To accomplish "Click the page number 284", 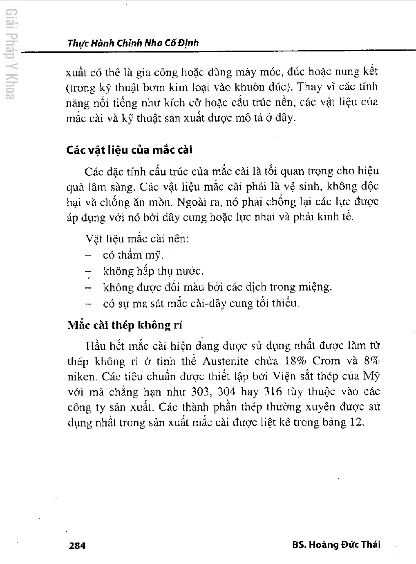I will pyautogui.click(x=77, y=545).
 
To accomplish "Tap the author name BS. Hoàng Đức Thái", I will pyautogui.click(x=336, y=544).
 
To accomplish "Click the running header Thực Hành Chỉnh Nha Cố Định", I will pyautogui.click(x=133, y=42).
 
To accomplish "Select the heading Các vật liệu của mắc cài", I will pyautogui.click(x=129, y=150).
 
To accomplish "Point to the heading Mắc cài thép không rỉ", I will pyautogui.click(x=125, y=325).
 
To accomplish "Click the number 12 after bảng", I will pyautogui.click(x=356, y=422).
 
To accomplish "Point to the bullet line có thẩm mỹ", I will pyautogui.click(x=133, y=255).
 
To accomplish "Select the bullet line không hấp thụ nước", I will pyautogui.click(x=153, y=271).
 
